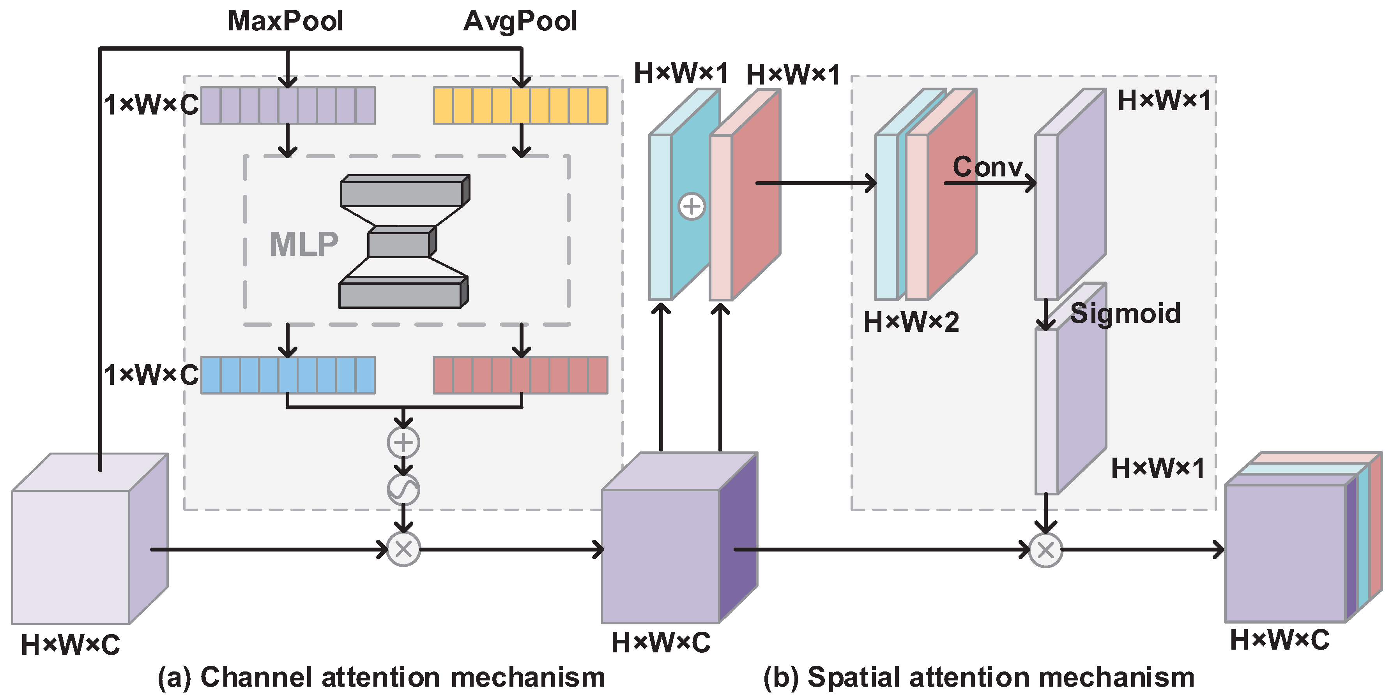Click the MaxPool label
(x=285, y=21)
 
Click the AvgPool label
(x=520, y=21)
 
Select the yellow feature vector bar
(x=520, y=105)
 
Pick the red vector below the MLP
(x=520, y=375)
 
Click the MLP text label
(x=304, y=244)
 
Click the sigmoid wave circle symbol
(x=403, y=489)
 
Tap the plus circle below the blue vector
(x=403, y=442)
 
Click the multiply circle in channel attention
(x=403, y=549)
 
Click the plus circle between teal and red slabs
(x=691, y=206)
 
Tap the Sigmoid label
(x=1125, y=313)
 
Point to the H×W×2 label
(x=911, y=322)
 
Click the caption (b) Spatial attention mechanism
(x=978, y=677)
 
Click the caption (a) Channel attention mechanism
(x=381, y=677)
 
